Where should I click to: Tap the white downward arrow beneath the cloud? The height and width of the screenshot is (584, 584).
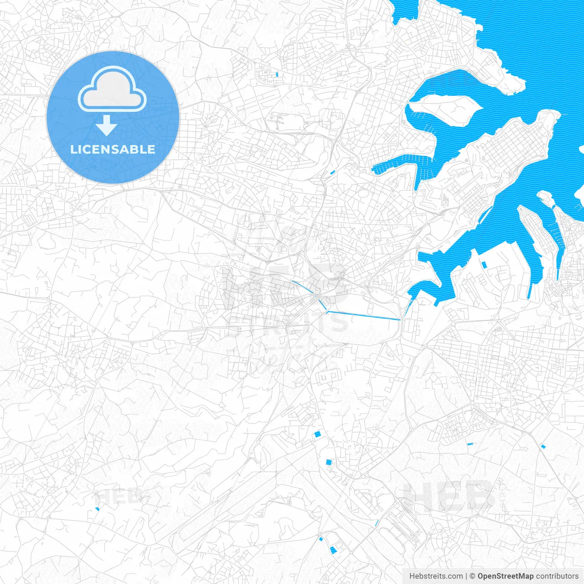pos(106,125)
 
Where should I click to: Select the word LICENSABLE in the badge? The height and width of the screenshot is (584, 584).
pos(113,149)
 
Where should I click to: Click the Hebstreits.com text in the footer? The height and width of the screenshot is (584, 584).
pos(436,576)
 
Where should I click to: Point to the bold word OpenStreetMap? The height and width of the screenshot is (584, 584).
pos(505,576)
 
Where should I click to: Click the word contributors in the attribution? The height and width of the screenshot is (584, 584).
pos(557,576)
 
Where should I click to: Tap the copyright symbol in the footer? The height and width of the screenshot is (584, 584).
pos(473,576)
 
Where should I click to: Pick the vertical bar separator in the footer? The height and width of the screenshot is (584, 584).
pos(466,576)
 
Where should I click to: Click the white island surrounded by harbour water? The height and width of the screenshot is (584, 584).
pos(445,109)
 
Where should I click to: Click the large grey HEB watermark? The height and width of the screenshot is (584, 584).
pos(447,496)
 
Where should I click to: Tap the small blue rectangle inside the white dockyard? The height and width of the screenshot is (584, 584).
pos(485,264)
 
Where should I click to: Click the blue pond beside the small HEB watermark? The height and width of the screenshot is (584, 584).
pos(97,509)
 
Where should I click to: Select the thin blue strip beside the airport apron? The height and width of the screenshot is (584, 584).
pos(377,523)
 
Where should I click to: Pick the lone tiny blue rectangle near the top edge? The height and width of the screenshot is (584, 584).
pos(277,74)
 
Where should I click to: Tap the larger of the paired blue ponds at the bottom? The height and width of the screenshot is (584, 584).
pos(334,549)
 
